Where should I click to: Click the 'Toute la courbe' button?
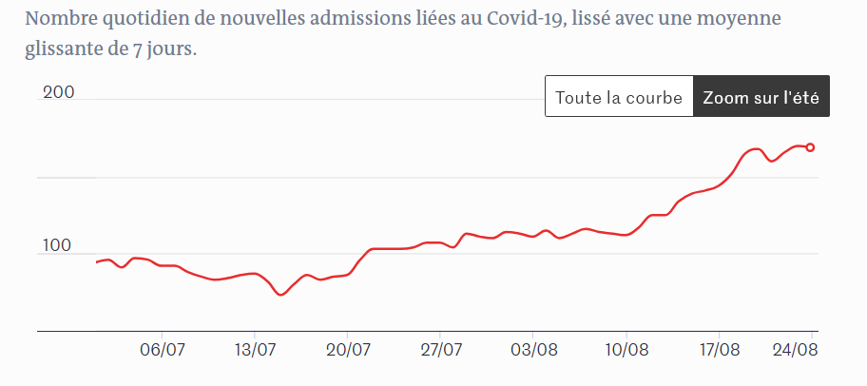619,97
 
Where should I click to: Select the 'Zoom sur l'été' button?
761,97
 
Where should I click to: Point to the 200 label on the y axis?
57,93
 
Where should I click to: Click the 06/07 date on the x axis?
163,349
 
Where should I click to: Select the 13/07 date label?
255,349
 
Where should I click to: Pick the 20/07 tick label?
348,349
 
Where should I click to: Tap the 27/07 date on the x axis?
441,349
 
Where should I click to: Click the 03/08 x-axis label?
533,349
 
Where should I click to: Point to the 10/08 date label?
626,349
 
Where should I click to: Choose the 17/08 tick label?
719,349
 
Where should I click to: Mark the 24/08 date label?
795,349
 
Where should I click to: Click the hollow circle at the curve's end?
811,147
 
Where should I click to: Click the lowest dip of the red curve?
280,295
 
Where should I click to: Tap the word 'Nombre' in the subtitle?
58,20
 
